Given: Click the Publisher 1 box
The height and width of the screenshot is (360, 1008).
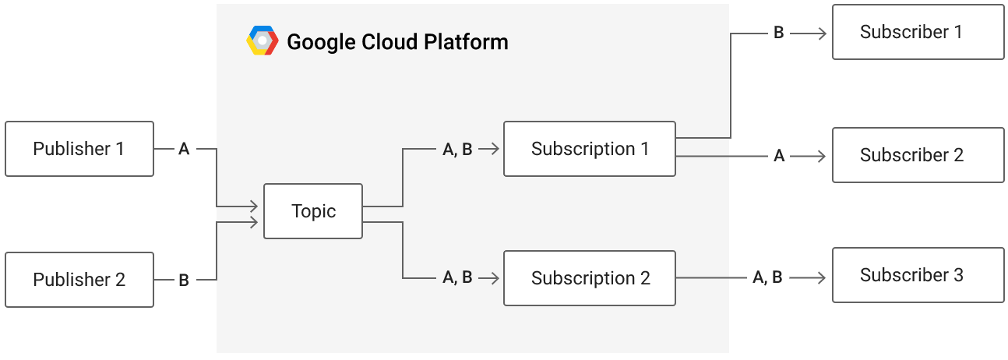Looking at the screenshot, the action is pos(79,149).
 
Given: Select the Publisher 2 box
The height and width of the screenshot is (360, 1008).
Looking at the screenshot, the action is pos(79,280).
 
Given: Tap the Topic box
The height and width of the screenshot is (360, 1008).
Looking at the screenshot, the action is pos(313,211).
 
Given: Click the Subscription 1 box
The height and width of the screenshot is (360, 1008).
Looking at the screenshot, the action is pos(590,149).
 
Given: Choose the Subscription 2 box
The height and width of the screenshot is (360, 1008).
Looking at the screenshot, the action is pos(590,278).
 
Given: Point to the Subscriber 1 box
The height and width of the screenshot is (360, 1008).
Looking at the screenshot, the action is pos(918,32).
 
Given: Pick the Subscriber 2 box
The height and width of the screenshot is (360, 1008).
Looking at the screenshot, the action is pos(918,155).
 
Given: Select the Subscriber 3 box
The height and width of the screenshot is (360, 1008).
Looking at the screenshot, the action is pos(918,275).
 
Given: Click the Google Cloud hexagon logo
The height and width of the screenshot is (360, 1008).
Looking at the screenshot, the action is pos(263,41).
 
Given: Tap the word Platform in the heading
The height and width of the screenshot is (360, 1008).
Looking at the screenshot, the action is pos(466,43).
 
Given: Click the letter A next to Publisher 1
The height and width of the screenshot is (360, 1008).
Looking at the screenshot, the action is pos(184,149).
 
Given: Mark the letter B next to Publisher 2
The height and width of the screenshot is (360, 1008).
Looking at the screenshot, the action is pos(184,281).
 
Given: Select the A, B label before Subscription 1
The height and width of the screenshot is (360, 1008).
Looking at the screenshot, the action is pos(457,150).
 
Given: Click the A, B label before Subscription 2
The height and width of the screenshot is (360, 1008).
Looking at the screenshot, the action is pos(457,277).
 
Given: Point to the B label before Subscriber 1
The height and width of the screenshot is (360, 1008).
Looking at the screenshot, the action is pos(778,33).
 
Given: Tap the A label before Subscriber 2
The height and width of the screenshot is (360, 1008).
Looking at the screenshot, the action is pos(779,156).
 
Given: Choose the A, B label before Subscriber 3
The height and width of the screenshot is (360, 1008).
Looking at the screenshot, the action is pos(768,277).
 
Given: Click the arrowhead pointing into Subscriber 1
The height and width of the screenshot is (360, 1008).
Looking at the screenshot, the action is pos(822,34).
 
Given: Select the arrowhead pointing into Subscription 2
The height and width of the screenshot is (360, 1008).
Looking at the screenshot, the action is pos(494,278).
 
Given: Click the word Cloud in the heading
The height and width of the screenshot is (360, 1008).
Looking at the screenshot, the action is pos(389,42).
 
